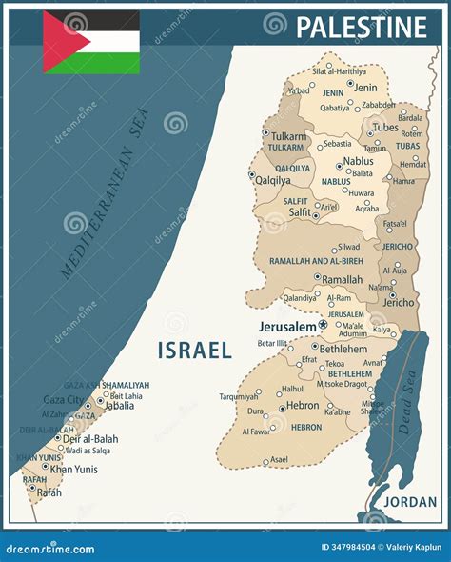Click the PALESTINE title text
361,27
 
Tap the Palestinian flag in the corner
91,42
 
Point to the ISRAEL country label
194,350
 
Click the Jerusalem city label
287,326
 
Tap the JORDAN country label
411,501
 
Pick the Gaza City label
62,400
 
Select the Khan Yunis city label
74,469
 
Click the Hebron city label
304,405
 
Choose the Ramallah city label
342,280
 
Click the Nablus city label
358,162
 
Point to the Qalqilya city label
273,180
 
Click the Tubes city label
385,127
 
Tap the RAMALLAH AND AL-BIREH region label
315,260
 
